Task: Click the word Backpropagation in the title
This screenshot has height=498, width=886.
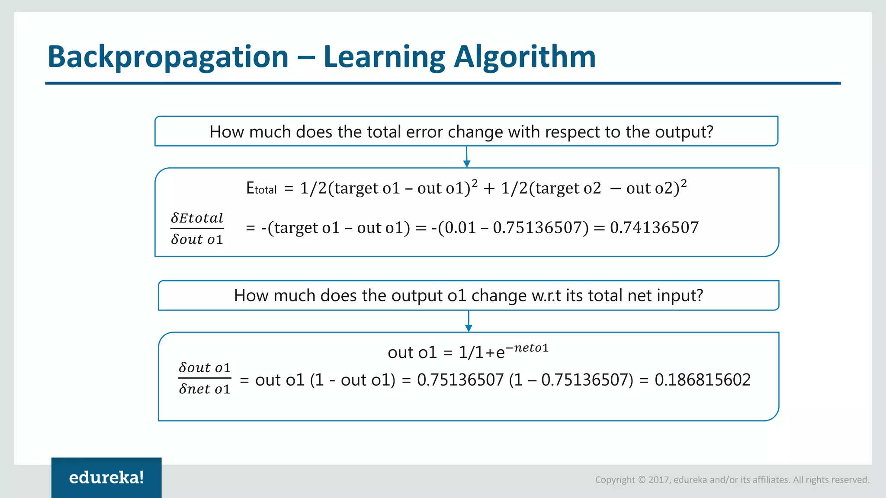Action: click(168, 57)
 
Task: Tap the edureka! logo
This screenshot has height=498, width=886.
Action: click(106, 477)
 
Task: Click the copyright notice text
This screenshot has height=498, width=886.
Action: click(732, 479)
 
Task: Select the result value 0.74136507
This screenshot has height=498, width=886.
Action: click(654, 227)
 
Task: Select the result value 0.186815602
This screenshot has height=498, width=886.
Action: click(702, 380)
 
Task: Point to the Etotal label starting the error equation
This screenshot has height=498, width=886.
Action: click(261, 188)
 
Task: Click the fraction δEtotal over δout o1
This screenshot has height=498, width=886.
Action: click(197, 228)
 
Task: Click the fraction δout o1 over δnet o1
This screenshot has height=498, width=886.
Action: click(204, 378)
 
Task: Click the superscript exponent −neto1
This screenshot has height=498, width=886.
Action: click(527, 348)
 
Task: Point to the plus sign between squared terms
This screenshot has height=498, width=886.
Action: click(489, 188)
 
